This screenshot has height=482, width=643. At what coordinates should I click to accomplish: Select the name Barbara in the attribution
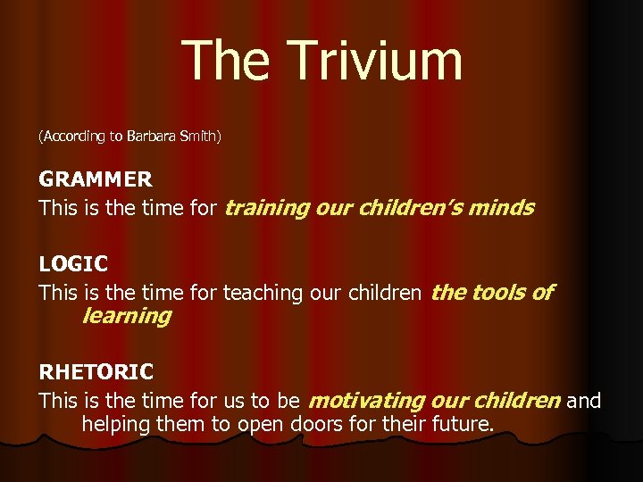coord(150,137)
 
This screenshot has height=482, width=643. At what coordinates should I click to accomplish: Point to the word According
coord(74,137)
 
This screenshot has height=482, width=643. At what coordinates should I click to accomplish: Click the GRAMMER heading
coord(96,179)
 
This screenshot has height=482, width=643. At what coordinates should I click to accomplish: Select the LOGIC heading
coord(73,264)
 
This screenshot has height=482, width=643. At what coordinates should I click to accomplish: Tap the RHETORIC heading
coord(96,371)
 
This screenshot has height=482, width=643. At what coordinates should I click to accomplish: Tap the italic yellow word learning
coord(126,316)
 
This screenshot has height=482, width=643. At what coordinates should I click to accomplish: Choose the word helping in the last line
coord(118,425)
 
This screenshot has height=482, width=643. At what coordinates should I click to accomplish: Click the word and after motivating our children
coord(584,401)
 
